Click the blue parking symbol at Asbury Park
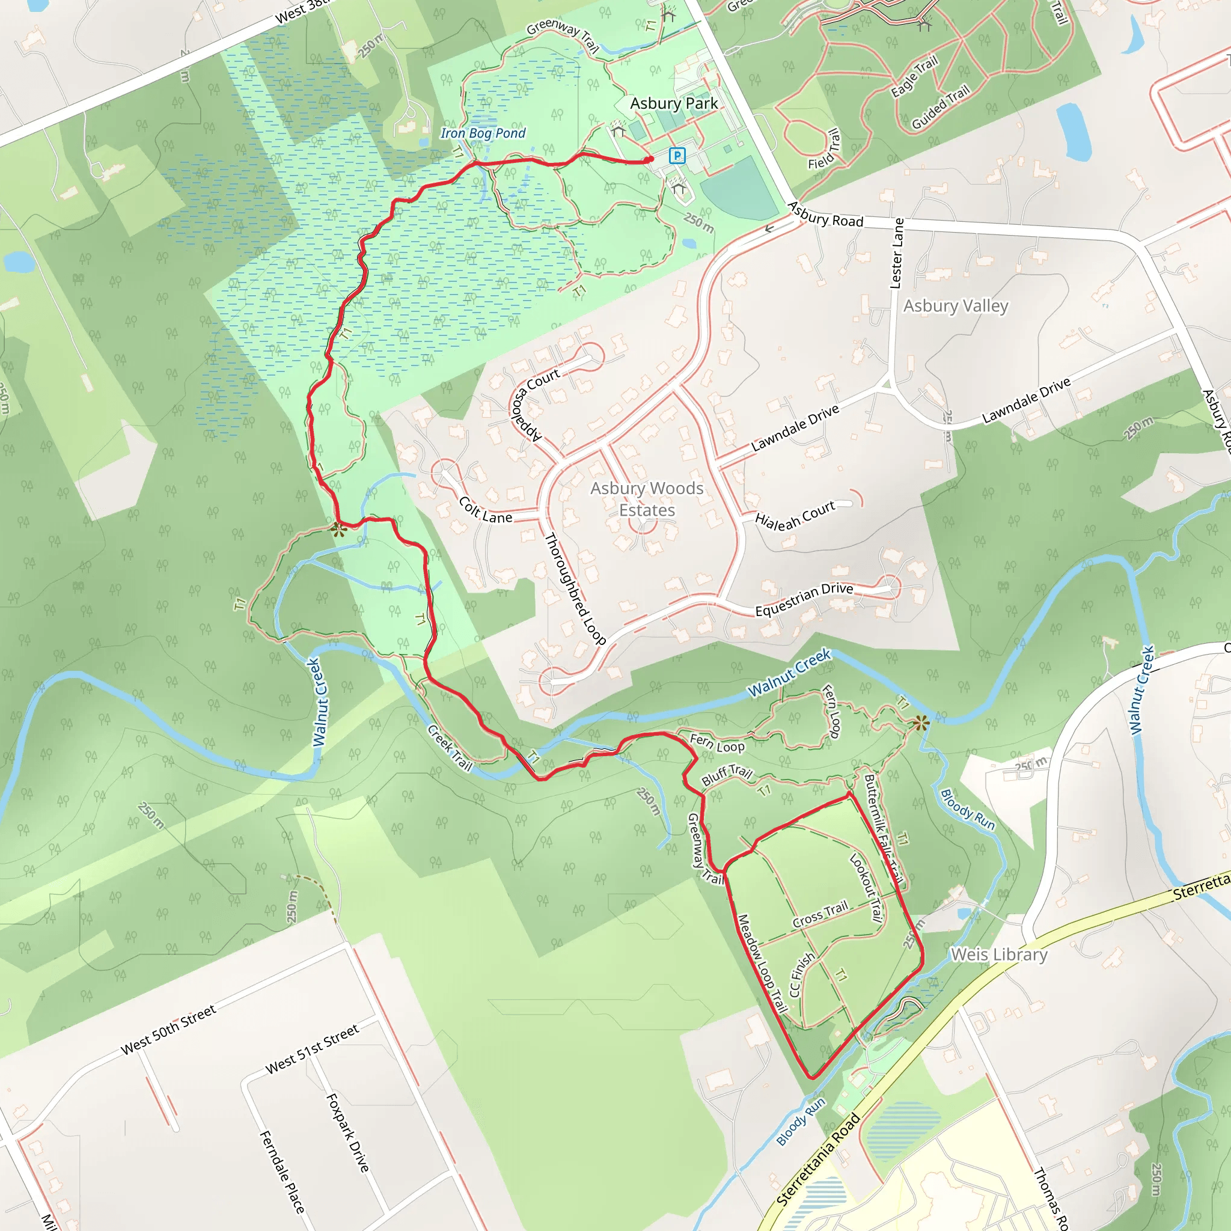pyautogui.click(x=677, y=155)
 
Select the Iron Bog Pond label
pyautogui.click(x=483, y=133)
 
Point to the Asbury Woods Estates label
pyautogui.click(x=647, y=499)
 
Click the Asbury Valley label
pyautogui.click(x=955, y=306)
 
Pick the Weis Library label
pyautogui.click(x=999, y=955)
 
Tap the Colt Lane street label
pyautogui.click(x=486, y=510)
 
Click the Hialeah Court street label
pyautogui.click(x=795, y=516)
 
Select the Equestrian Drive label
pyautogui.click(x=804, y=599)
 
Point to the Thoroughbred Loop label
pyautogui.click(x=575, y=588)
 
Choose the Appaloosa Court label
pyautogui.click(x=534, y=404)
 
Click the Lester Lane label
pyautogui.click(x=897, y=253)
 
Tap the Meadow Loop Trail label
pyautogui.click(x=762, y=964)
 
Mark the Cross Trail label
pyautogui.click(x=820, y=914)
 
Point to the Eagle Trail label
pyautogui.click(x=914, y=76)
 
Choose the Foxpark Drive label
pyautogui.click(x=347, y=1132)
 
